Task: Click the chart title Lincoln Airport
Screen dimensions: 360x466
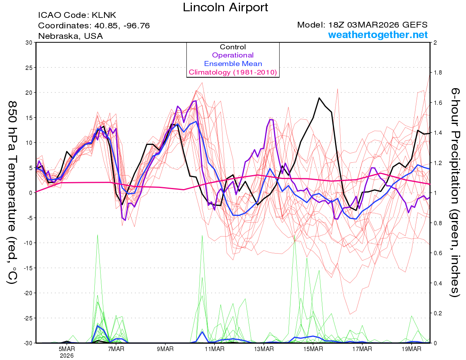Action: coord(225,7)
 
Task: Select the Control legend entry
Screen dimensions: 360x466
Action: coord(233,47)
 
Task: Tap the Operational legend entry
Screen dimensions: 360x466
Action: coord(233,55)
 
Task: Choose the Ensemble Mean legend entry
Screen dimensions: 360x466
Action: coord(233,64)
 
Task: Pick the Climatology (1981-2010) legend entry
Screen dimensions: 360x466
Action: coord(233,72)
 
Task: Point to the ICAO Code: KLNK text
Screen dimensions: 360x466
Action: coord(77,16)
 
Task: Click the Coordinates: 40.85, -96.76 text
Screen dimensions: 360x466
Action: coord(94,26)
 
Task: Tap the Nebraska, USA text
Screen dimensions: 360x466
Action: coord(70,36)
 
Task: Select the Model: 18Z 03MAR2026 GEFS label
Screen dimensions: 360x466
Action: coord(362,25)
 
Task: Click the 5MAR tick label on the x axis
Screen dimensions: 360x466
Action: coord(67,349)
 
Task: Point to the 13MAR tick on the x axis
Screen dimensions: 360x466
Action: coord(264,349)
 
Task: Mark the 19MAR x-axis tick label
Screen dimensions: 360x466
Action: coord(411,349)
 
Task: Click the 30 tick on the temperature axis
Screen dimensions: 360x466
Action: coord(29,43)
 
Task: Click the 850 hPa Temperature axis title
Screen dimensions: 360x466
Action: coord(13,192)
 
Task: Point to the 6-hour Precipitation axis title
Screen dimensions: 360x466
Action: coord(455,192)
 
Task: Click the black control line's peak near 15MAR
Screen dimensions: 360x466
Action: coord(319,98)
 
